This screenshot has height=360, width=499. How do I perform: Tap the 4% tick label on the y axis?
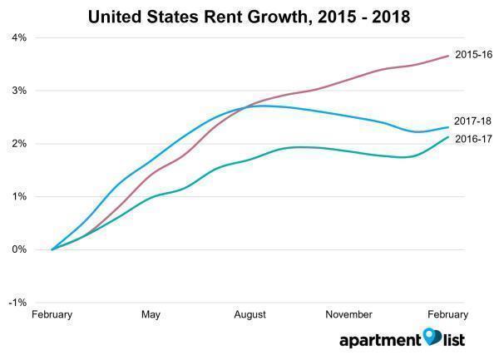click(18, 37)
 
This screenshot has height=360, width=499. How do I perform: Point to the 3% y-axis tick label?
click(18, 91)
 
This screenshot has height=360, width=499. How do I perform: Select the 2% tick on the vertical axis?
click(18, 144)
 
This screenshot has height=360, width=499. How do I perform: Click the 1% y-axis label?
click(18, 197)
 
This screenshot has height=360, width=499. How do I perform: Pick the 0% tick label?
click(18, 249)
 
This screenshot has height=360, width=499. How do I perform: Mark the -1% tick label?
click(17, 303)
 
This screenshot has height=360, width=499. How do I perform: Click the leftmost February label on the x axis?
click(52, 315)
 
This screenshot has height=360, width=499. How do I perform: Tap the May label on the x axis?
click(151, 315)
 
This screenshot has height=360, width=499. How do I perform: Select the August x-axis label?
click(249, 315)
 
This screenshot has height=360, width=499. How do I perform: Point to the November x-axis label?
click(348, 315)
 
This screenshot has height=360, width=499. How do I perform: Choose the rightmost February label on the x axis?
click(448, 315)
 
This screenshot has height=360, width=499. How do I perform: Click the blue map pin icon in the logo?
click(430, 336)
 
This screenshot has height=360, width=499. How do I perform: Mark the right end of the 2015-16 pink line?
click(448, 56)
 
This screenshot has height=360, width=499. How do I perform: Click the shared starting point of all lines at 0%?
click(52, 249)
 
